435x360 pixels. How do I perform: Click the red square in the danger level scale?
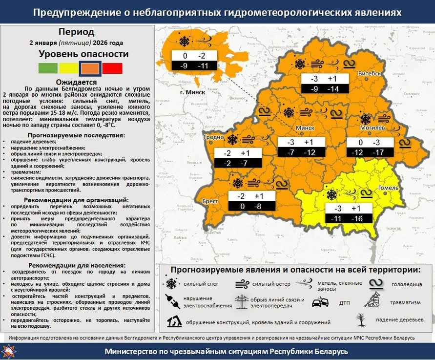[x=112, y=68]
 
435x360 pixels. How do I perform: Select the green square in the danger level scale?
[x=48, y=68]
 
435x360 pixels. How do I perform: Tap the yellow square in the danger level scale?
[x=69, y=68]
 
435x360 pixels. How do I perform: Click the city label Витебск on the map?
[x=370, y=73]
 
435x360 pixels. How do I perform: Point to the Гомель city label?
[x=389, y=188]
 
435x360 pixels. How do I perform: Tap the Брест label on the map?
[x=210, y=201]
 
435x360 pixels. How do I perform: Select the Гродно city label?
[x=213, y=137]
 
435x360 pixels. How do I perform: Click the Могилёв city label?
[x=373, y=127]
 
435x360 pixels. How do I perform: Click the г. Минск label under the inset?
[x=193, y=92]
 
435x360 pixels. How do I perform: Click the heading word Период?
[x=77, y=32]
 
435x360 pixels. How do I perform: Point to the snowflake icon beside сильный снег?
[x=171, y=284]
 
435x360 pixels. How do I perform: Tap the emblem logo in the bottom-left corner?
[x=10, y=351]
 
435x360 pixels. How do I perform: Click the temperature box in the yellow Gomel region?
[x=350, y=213]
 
